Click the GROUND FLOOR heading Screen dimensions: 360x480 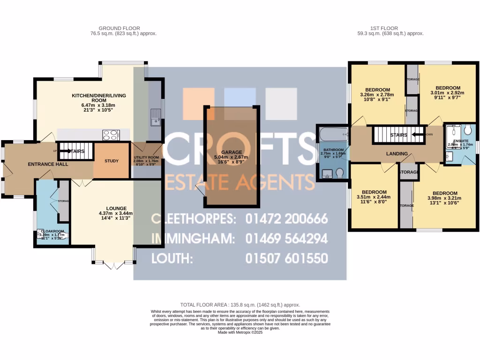click(119, 28)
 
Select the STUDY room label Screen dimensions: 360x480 click(112, 161)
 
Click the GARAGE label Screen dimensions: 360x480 click(232, 152)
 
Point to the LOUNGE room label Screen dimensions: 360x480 click(117, 208)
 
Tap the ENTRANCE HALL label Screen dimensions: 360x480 click(48, 164)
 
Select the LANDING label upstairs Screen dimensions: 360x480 click(397, 154)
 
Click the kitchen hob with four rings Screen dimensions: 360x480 click(111, 135)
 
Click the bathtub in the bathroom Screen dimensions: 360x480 click(332, 135)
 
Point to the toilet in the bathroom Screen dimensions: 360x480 click(340, 173)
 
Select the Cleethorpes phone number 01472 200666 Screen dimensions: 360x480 click(286, 219)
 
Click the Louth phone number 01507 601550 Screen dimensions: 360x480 click(286, 258)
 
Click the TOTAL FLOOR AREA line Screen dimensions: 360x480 click(240, 305)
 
